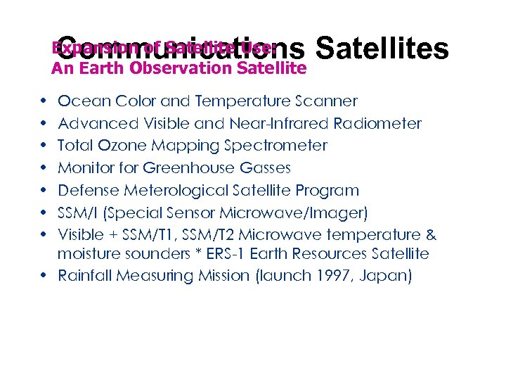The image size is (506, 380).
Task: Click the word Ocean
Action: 79,101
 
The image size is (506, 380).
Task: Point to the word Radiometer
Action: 379,124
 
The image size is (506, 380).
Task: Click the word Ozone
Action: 113,146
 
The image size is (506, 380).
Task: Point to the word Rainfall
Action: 85,275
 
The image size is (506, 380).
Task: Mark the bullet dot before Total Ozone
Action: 44,146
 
